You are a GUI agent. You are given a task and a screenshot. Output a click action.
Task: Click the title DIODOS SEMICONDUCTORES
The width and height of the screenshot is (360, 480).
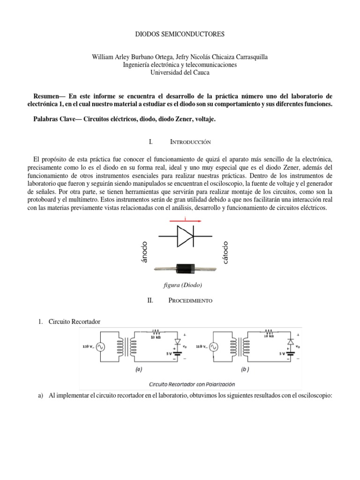click(x=180, y=34)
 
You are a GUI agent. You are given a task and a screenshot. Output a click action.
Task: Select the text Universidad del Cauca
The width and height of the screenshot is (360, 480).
click(x=180, y=73)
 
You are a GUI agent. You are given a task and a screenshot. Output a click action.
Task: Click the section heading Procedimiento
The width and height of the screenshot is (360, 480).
click(x=190, y=300)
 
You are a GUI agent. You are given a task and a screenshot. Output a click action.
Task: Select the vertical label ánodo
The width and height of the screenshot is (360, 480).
click(x=144, y=252)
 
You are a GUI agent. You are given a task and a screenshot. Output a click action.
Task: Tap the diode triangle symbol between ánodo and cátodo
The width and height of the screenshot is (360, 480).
click(x=184, y=235)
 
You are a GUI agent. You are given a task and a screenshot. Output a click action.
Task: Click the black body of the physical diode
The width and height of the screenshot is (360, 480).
click(x=187, y=269)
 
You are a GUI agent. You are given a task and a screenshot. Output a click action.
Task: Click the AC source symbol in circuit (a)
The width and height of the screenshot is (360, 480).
click(x=100, y=347)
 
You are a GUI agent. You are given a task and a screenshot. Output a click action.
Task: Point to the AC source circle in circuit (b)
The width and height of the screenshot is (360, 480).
click(x=213, y=347)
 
